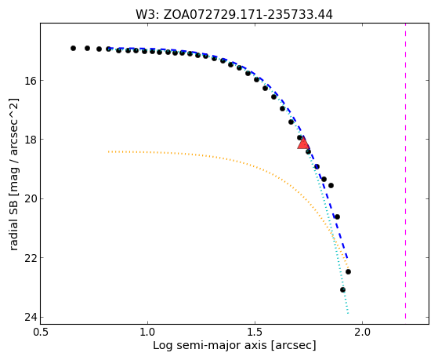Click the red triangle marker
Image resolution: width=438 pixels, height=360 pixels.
coord(303,143)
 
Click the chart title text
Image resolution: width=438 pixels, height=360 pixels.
coord(234,15)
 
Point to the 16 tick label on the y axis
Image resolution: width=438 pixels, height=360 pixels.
coord(31,80)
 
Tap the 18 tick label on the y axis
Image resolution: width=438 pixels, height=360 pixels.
coord(31,140)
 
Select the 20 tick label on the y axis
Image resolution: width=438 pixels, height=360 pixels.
coord(31,198)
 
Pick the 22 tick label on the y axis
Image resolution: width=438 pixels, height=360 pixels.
coord(31,257)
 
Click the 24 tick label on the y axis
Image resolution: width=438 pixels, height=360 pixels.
coord(31,317)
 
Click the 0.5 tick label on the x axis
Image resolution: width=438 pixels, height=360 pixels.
coord(40,333)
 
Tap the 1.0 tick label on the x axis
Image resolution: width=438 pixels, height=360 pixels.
coord(147,333)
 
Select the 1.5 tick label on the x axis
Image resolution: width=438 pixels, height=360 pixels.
coord(255,333)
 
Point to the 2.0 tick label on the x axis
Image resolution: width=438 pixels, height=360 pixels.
coord(362,333)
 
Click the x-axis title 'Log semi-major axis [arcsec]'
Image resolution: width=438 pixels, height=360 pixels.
coord(234,346)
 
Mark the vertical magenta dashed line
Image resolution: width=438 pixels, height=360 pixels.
coord(405,171)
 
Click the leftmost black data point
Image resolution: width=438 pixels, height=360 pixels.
coord(73,48)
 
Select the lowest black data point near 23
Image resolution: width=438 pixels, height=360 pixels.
coord(342,289)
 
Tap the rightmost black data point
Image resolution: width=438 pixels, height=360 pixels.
coord(348,271)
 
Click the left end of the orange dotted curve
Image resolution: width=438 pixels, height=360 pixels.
coord(109,151)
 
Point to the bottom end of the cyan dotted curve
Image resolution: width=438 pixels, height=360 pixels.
coord(348,313)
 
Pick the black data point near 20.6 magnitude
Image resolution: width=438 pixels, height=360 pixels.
coord(337,216)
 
